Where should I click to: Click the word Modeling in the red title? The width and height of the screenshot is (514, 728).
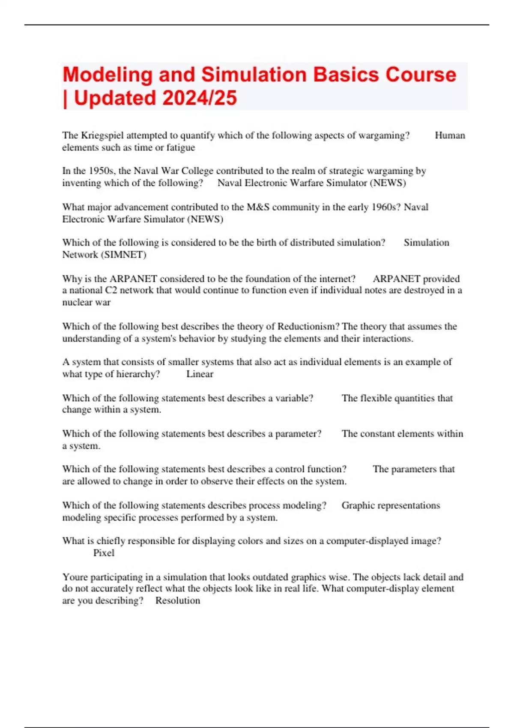[107, 75]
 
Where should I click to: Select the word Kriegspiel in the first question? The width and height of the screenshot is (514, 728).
[102, 136]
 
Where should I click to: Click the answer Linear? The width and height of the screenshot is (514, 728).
[200, 374]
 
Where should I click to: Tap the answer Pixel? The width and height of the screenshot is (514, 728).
[104, 553]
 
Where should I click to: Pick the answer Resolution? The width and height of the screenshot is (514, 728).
[177, 600]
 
